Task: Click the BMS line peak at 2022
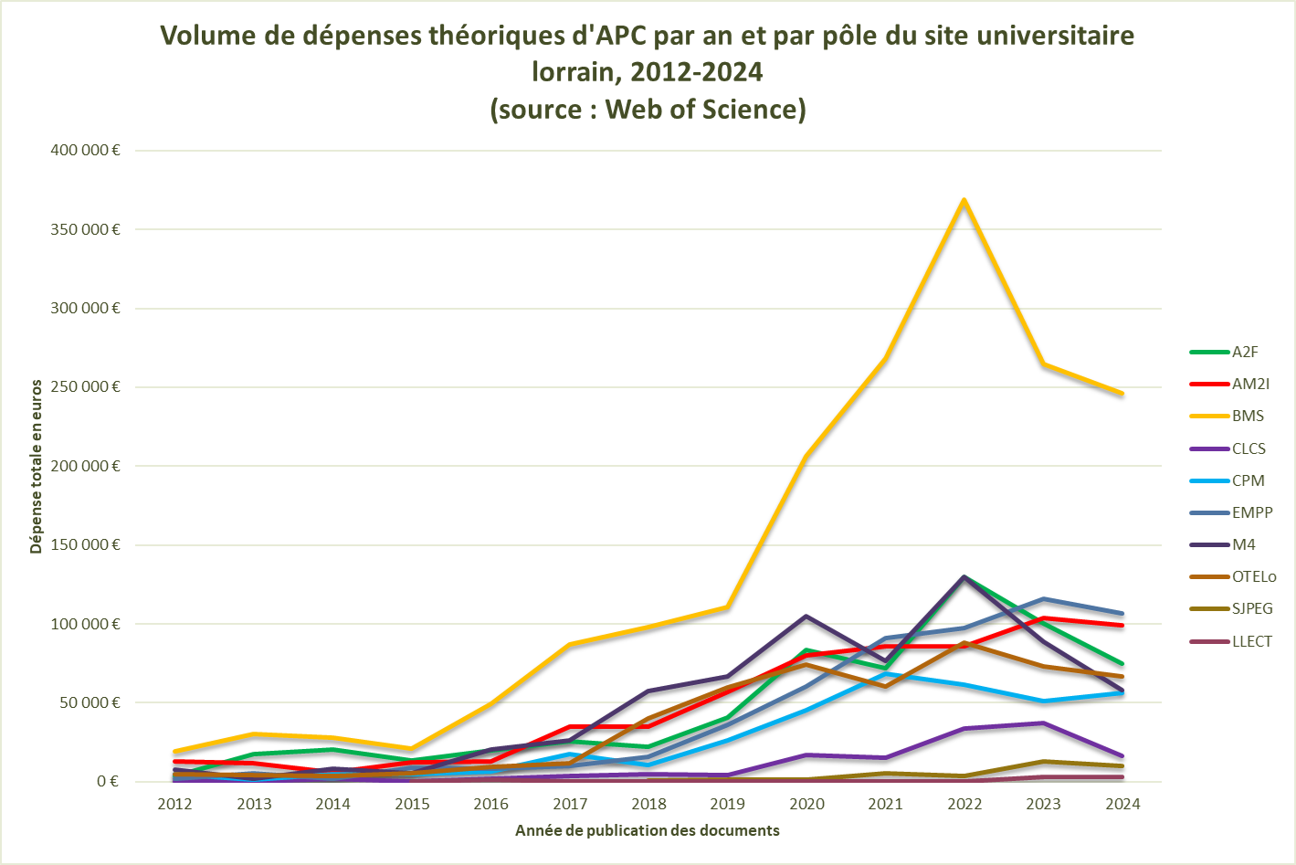[964, 200]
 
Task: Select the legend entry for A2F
[1244, 352]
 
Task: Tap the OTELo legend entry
[1253, 576]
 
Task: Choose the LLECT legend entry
[1251, 641]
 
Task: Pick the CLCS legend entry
[1249, 448]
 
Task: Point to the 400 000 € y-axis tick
[85, 150]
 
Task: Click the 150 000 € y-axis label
[85, 544]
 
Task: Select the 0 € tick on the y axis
[108, 781]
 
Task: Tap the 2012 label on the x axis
[174, 804]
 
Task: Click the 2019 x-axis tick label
[728, 804]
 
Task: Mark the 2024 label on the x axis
[1122, 804]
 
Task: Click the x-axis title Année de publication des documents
[648, 830]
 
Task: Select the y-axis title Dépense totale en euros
[37, 466]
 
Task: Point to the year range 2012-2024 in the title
[697, 71]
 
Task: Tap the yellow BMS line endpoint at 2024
[1122, 394]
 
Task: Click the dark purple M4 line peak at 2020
[806, 616]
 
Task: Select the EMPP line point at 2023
[1044, 599]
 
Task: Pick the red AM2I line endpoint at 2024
[1122, 625]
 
